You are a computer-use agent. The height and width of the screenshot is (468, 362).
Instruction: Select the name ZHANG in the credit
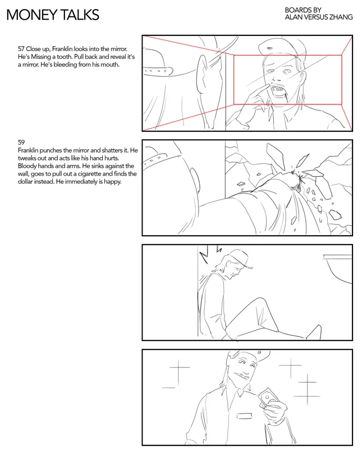point(341,17)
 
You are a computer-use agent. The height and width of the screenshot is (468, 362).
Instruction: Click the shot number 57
point(21,49)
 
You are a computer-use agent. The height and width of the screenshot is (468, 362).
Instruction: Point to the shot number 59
point(21,143)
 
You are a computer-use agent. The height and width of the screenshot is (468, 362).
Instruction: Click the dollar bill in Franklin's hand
point(267,398)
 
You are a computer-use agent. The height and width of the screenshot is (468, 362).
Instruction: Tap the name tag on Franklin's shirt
point(244,415)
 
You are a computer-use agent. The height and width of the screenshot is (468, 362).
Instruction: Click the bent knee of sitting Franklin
point(260,301)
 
